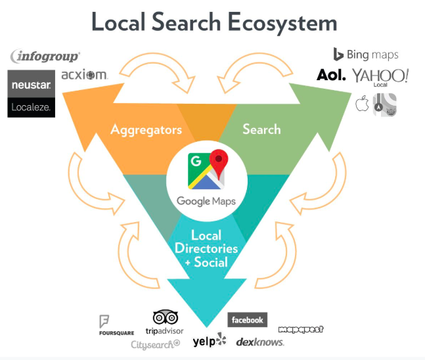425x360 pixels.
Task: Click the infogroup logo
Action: coord(45,56)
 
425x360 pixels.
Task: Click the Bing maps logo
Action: coord(365,55)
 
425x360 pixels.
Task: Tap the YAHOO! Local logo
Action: coord(380,77)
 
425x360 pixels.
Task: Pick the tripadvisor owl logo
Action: coord(164,322)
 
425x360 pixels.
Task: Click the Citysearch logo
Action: coord(155,344)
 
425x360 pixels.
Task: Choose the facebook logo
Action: coord(247,320)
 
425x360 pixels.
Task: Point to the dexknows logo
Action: coord(260,342)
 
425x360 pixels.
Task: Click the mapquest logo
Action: coord(301,329)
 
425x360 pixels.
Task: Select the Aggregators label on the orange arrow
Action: coord(146,129)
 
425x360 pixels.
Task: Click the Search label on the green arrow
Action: coord(261,129)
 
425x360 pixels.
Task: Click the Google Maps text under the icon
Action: coord(206,201)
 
